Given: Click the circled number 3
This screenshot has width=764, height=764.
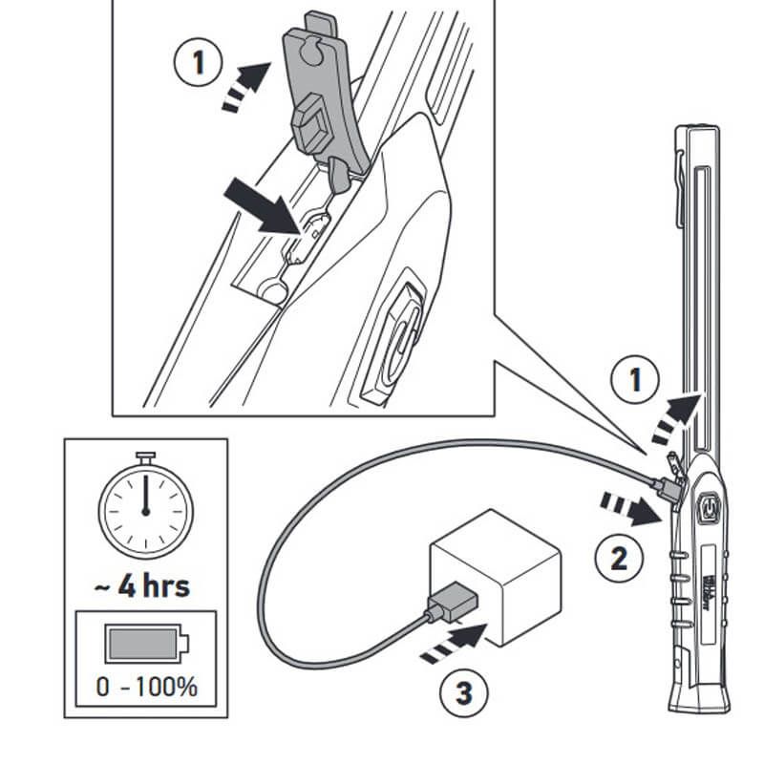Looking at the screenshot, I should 462,692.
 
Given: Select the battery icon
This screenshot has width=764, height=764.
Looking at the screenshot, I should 145,645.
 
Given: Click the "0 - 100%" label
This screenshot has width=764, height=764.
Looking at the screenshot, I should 146,686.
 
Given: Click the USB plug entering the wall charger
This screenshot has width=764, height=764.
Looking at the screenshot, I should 446,604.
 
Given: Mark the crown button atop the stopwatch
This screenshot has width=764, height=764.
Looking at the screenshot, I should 145,456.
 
